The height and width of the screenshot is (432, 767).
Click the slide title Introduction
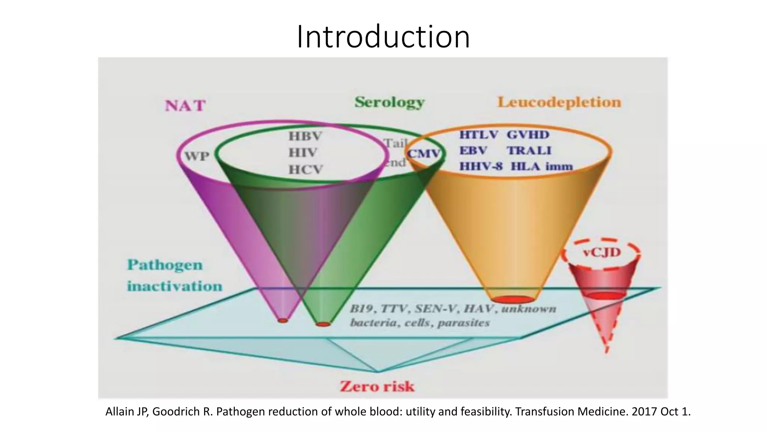[383, 36]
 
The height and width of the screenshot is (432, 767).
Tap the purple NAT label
[185, 106]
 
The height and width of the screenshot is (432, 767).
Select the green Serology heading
[389, 102]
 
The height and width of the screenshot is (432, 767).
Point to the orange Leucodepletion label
[559, 102]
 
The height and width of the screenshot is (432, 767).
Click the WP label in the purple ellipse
[197, 155]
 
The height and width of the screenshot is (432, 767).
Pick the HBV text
[305, 136]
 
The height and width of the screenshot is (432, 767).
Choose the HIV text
[303, 153]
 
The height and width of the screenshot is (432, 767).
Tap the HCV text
[305, 169]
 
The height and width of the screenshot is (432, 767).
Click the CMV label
[424, 154]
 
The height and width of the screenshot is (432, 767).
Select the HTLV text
[479, 135]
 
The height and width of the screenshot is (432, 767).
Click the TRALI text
[529, 150]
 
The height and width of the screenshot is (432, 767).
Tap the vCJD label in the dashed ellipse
[602, 252]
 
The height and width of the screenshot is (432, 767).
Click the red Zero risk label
[377, 386]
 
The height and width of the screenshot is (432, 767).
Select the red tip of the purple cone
[283, 320]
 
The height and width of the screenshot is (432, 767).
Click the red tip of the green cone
[323, 324]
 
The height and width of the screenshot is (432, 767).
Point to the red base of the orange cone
[513, 299]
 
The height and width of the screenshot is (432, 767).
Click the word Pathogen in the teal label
[165, 265]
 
